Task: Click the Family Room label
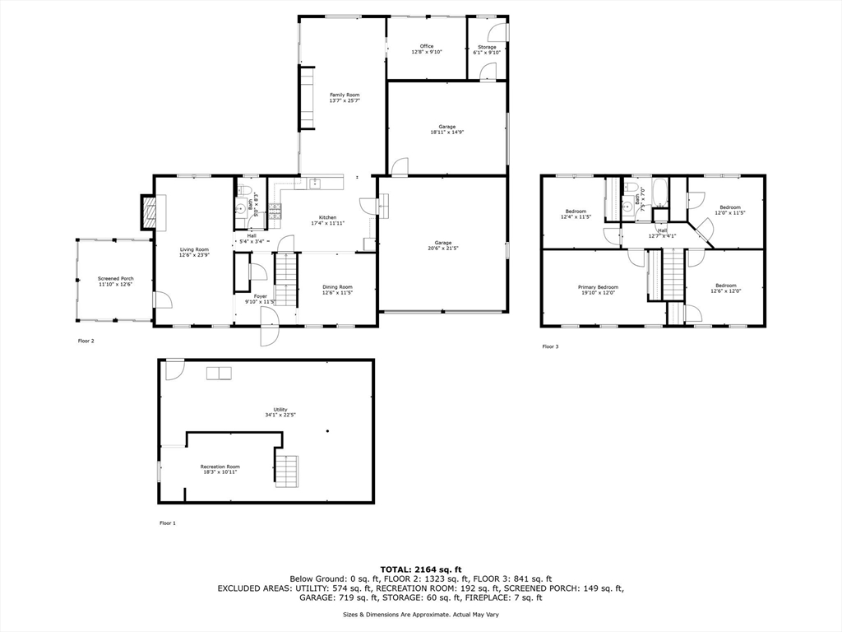(345, 95)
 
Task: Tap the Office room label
(427, 46)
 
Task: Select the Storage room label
(488, 47)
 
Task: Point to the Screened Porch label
(116, 279)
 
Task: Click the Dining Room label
(337, 287)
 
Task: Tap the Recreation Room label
(220, 467)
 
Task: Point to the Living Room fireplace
(149, 212)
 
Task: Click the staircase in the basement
(285, 470)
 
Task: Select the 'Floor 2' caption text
(86, 341)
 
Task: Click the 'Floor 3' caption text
(550, 346)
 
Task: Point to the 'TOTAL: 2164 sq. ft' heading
(420, 569)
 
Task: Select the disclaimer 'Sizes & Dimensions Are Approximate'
(420, 615)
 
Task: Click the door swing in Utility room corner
(174, 370)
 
